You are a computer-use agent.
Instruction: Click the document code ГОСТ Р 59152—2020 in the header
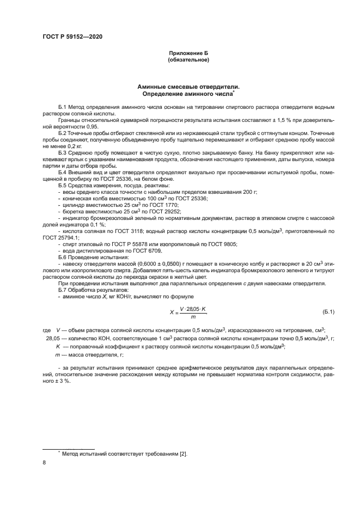pyautogui.click(x=72, y=36)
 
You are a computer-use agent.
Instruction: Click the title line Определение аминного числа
pyautogui.click(x=187, y=93)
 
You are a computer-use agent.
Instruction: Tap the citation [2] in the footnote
pyautogui.click(x=183, y=453)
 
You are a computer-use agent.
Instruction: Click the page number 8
pyautogui.click(x=44, y=463)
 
